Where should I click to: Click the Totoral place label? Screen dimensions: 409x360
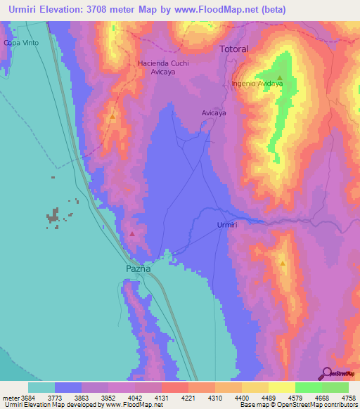tap(234, 50)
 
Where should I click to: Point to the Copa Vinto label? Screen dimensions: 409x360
tap(20, 43)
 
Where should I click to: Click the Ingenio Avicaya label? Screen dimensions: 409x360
tap(257, 84)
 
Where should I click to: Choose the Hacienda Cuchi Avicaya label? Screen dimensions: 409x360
tap(164, 67)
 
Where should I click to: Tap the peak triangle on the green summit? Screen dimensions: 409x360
tap(280, 77)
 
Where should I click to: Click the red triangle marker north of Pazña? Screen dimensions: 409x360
tap(132, 233)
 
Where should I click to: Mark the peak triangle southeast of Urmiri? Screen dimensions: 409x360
tap(282, 264)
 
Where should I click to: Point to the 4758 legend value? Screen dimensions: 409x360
tap(349, 398)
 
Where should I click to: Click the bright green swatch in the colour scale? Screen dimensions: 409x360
tap(308, 387)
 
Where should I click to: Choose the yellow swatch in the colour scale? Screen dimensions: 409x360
tap(281, 387)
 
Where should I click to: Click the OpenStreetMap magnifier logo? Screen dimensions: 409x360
tap(326, 374)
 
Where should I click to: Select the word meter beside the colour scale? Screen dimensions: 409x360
tap(10, 398)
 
